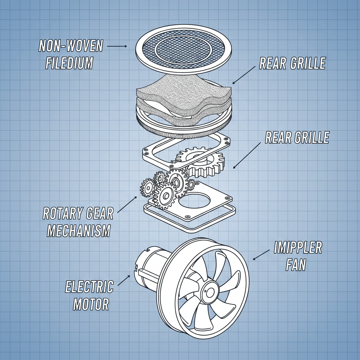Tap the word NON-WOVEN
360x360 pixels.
point(71,46)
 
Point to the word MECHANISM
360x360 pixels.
point(79,231)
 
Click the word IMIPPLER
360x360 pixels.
point(298,248)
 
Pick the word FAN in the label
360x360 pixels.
point(296,265)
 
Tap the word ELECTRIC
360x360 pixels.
point(90,287)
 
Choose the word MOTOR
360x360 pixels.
point(91,304)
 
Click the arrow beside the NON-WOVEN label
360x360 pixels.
point(117,46)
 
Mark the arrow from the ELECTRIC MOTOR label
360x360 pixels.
point(124,280)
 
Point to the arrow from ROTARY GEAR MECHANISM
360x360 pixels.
point(127,204)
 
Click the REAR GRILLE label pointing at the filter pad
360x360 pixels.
point(292,63)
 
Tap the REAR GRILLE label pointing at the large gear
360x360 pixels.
point(297,137)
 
